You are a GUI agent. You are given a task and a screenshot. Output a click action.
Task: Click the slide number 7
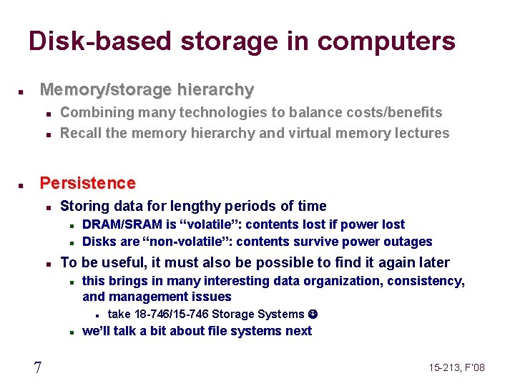coord(37,367)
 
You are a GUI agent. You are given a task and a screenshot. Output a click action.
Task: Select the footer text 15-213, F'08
coord(457,367)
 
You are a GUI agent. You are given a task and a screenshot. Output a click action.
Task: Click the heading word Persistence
coord(87,183)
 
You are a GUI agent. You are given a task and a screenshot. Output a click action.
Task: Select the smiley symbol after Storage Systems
coord(312,314)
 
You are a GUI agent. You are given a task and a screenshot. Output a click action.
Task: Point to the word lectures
coord(423,133)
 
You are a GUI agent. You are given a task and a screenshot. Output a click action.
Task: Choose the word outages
coord(409,242)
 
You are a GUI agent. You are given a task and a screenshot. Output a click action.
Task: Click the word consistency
coord(425,281)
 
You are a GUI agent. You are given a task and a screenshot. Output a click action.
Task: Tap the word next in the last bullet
coord(299,331)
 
